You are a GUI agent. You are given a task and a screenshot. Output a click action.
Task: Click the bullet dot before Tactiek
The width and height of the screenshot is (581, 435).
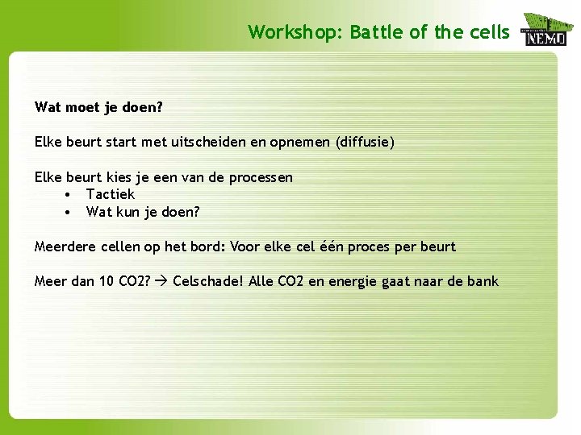pyautogui.click(x=69, y=194)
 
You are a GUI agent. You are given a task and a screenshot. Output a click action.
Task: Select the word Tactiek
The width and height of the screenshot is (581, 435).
pyautogui.click(x=111, y=194)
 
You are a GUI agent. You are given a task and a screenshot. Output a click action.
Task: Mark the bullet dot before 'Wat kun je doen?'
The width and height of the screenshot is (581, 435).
pyautogui.click(x=69, y=212)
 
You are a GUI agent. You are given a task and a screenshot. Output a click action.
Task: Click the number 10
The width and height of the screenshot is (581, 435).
pyautogui.click(x=106, y=281)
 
